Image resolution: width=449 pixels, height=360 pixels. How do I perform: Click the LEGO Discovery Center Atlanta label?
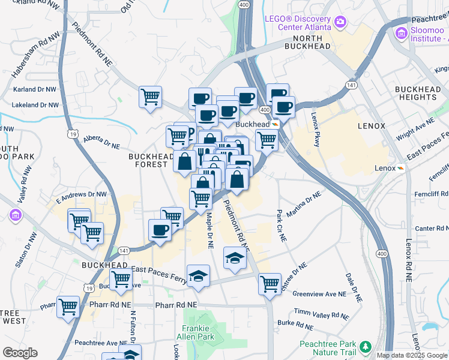(x=298, y=22)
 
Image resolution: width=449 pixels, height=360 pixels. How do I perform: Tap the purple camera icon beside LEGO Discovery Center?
(x=340, y=22)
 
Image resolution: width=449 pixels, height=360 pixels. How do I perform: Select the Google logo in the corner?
(x=20, y=353)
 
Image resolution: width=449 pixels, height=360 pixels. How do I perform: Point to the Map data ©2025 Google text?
(x=411, y=355)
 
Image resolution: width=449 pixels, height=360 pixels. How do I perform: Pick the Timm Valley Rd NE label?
(x=321, y=313)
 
